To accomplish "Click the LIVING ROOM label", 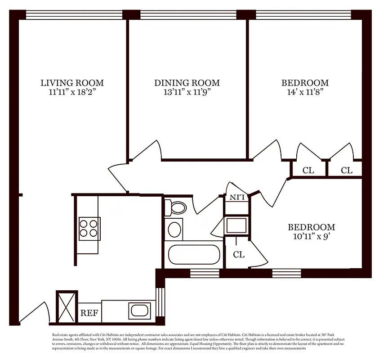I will point(72,83).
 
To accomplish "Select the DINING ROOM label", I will point(187,83).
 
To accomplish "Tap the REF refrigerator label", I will point(89,313).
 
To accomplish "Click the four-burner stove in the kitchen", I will point(89,228).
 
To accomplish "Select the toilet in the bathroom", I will point(176,208).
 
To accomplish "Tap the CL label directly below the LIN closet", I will point(239,255).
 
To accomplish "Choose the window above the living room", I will point(72,14).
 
